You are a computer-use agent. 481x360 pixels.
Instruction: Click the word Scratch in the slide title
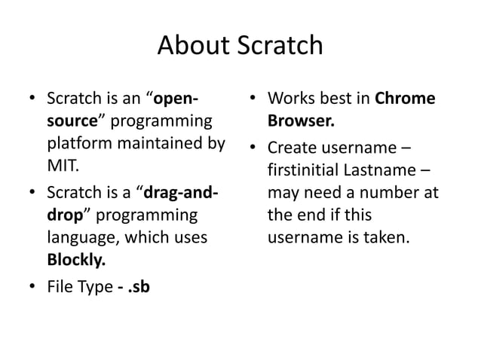(280, 47)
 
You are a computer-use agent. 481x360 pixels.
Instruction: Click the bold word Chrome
(405, 99)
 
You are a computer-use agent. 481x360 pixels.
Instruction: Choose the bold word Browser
(301, 121)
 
